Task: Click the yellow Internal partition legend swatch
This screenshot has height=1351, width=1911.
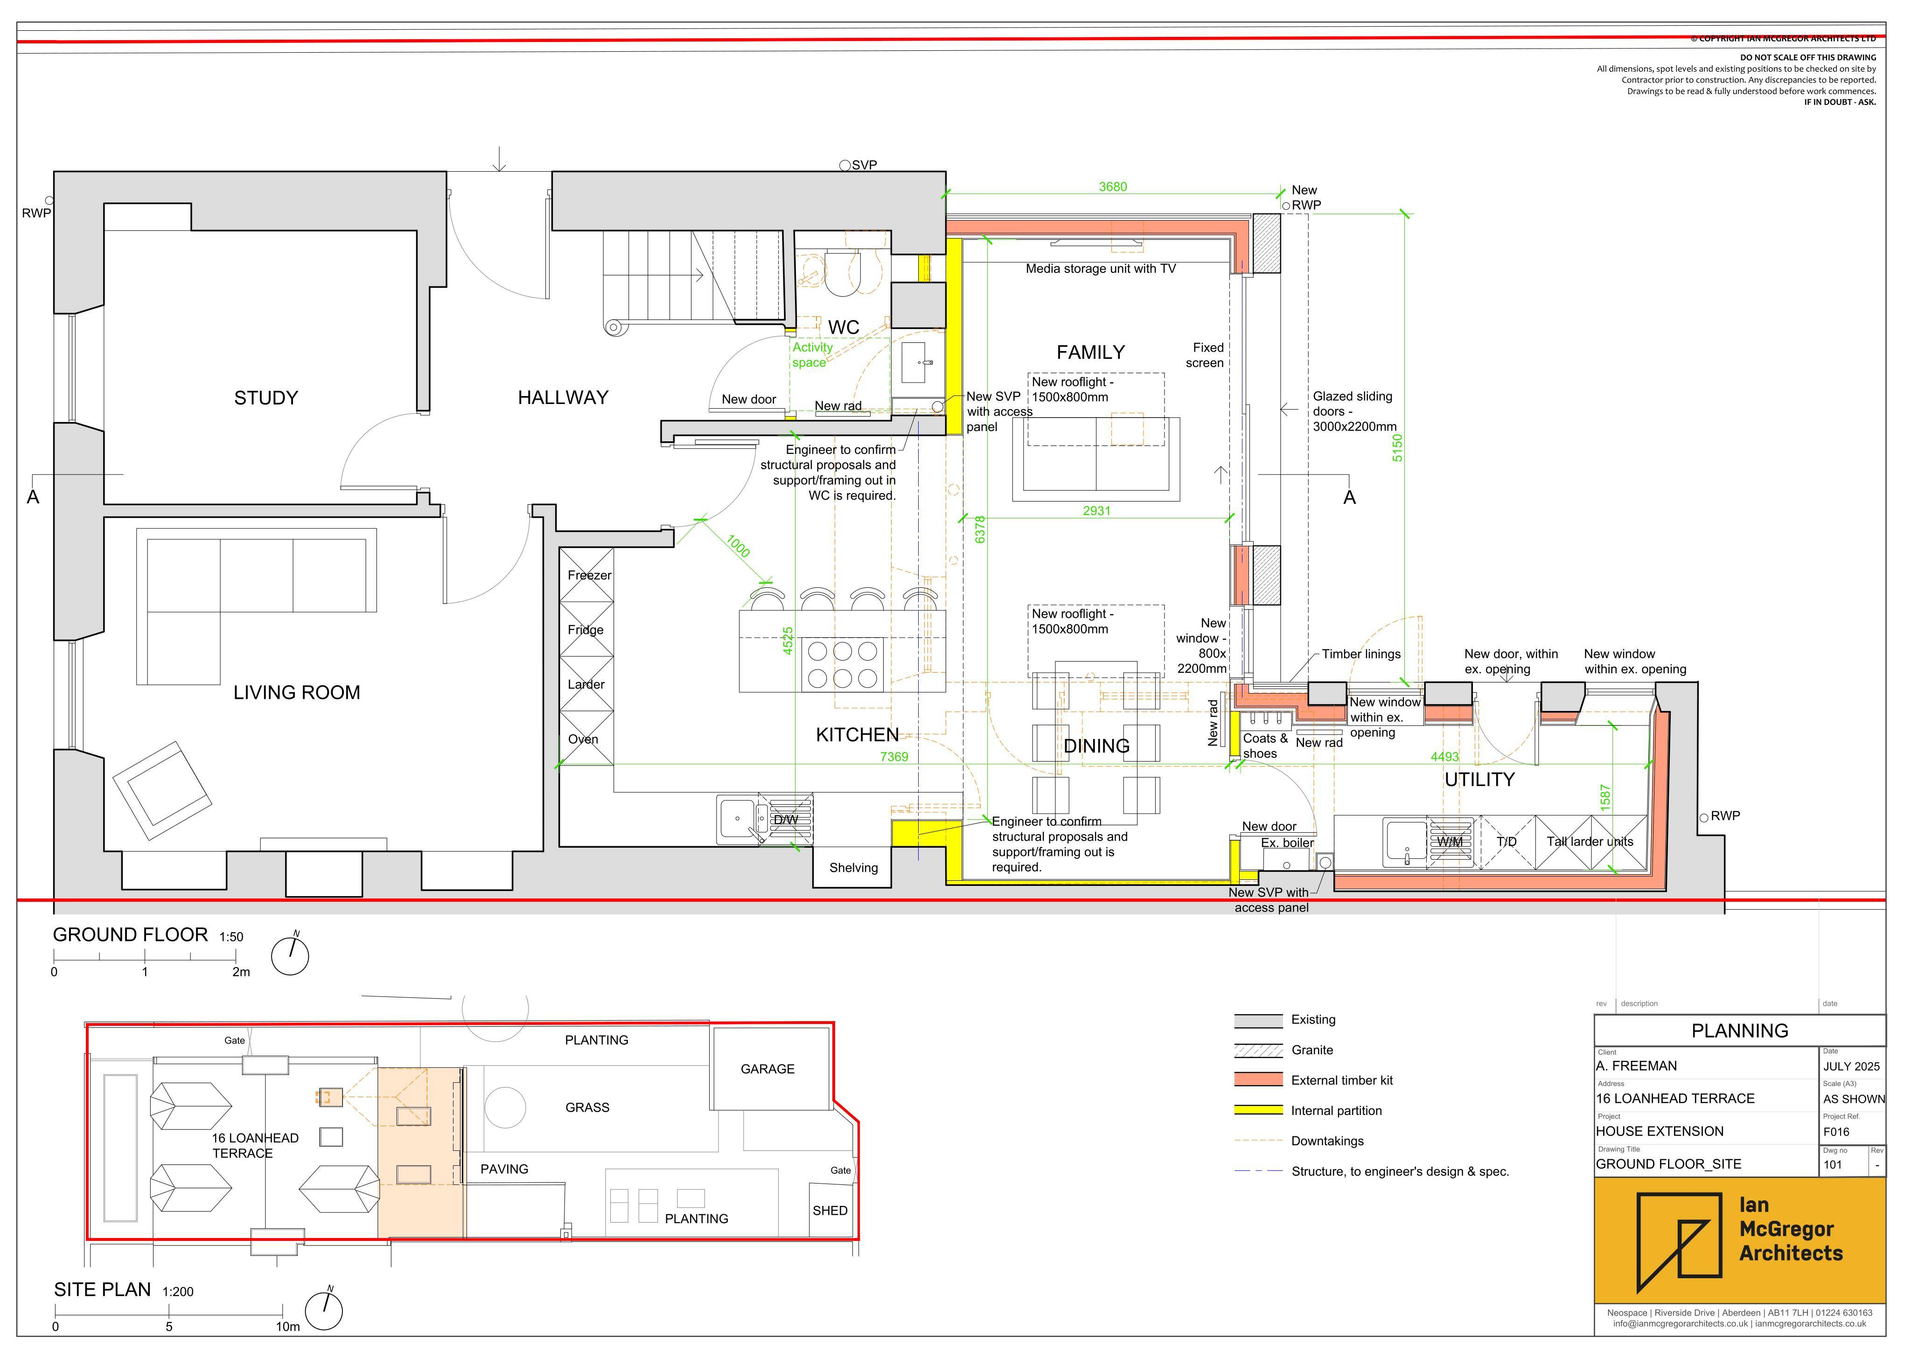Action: pyautogui.click(x=1258, y=1110)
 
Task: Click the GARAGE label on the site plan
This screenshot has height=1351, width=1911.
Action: pyautogui.click(x=767, y=1069)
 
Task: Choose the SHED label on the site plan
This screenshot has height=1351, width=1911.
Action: pyautogui.click(x=830, y=1210)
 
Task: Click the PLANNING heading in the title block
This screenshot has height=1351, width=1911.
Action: pyautogui.click(x=1740, y=1031)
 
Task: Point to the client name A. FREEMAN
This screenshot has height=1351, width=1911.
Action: pyautogui.click(x=1636, y=1065)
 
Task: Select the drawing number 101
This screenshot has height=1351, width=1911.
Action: pyautogui.click(x=1833, y=1164)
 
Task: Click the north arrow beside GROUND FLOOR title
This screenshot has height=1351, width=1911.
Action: pyautogui.click(x=291, y=955)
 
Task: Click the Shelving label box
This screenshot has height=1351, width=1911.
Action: pyautogui.click(x=853, y=867)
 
